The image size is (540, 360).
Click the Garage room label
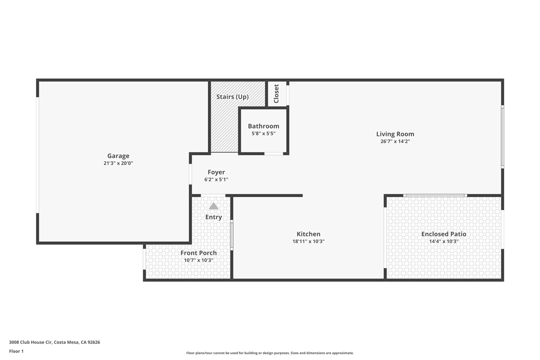coord(118,156)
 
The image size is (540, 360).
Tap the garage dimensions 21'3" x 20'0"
coord(118,163)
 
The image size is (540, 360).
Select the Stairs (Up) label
coord(232,97)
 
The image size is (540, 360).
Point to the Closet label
coord(276,94)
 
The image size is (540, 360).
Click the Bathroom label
coord(264,126)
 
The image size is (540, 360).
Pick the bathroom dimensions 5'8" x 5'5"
coord(264,134)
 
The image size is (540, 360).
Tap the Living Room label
coord(395,134)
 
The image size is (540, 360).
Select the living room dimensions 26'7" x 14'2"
coord(395,141)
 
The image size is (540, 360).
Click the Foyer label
coord(216,172)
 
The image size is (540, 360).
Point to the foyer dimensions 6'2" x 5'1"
coord(216,180)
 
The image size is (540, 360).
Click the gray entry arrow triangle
coord(214,206)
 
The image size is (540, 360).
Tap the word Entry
coord(214,217)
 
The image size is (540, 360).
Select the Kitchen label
coord(308,234)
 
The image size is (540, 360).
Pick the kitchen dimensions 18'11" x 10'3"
coord(308,241)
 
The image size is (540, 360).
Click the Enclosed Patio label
coord(444,234)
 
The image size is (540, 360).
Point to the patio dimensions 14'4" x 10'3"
coord(444,241)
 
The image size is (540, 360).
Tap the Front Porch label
coord(198,253)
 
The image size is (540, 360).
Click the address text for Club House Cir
coord(54,342)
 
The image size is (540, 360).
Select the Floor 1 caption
coord(16,351)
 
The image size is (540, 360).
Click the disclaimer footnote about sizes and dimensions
coord(270,353)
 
